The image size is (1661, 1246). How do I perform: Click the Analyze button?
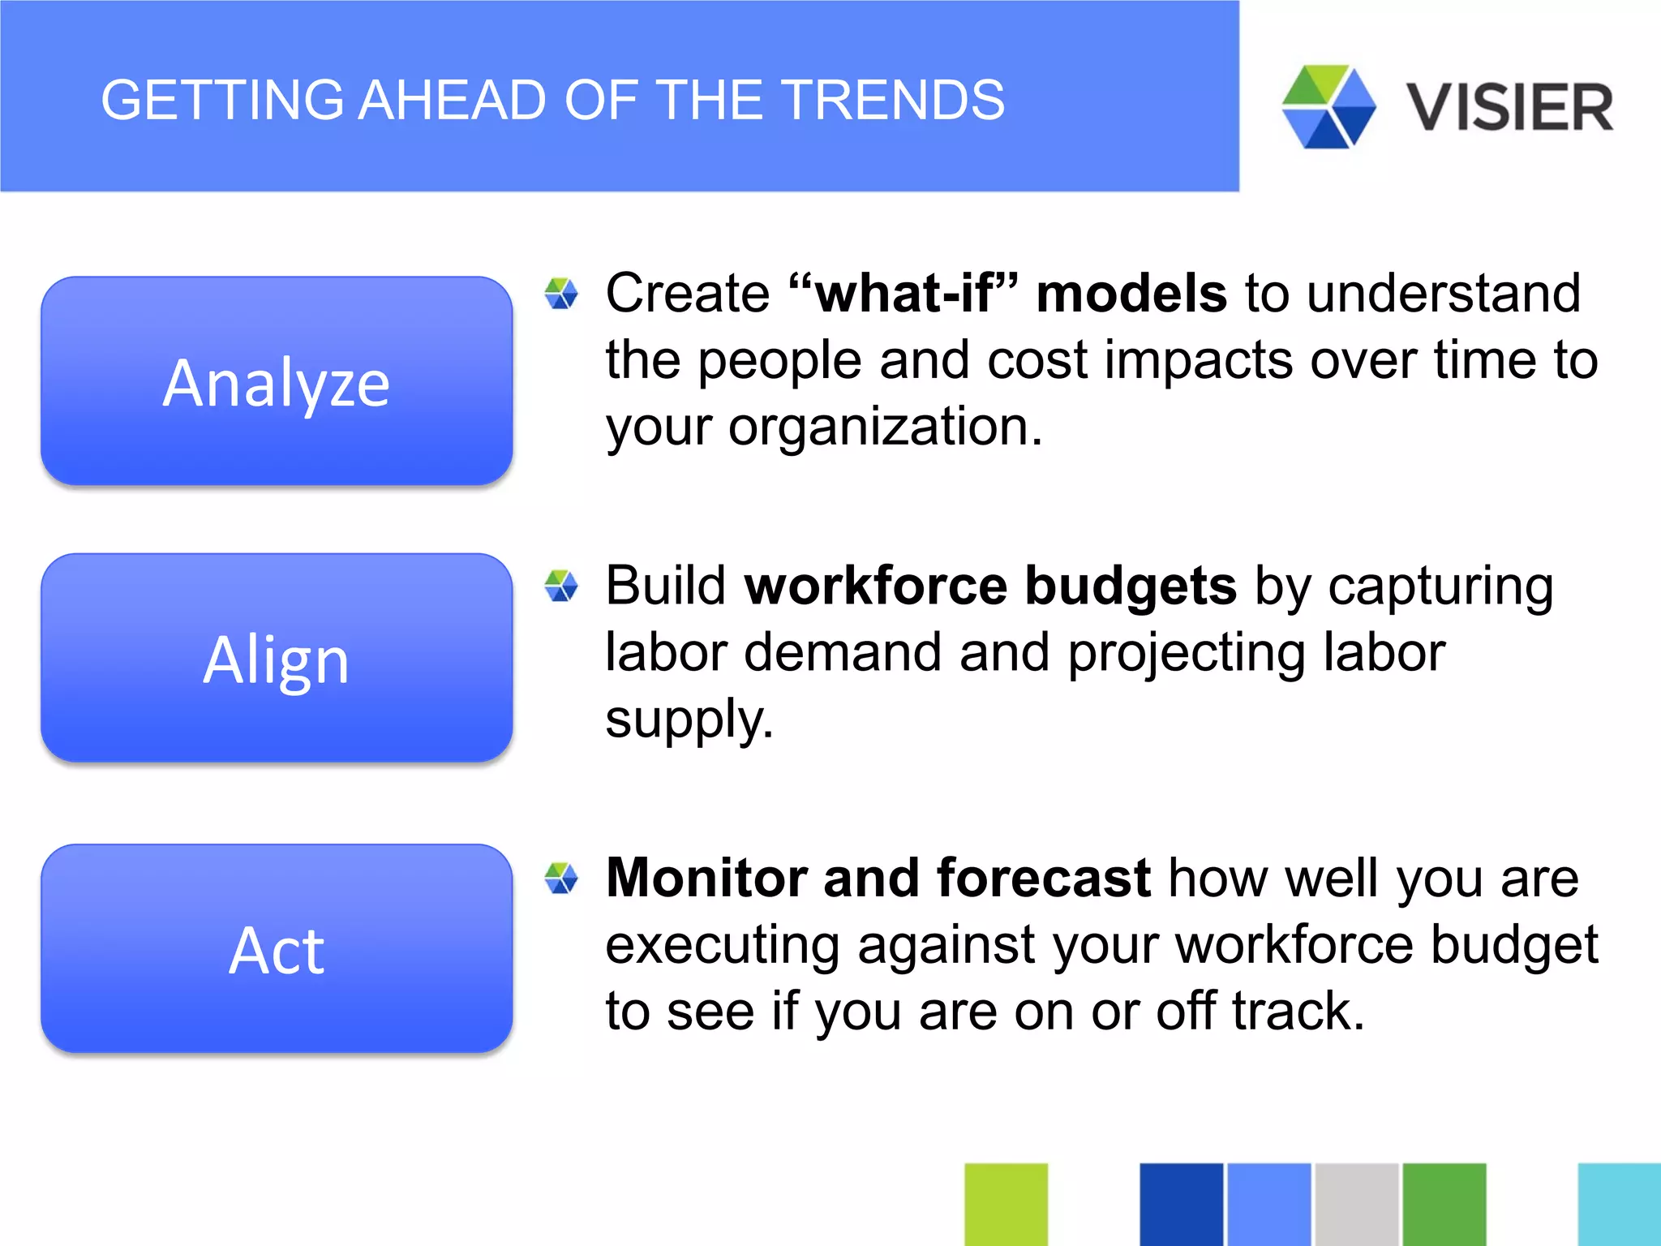(277, 381)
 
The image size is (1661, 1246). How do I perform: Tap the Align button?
(277, 658)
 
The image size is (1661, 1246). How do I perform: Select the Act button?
(277, 949)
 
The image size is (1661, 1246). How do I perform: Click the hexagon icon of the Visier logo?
(1328, 107)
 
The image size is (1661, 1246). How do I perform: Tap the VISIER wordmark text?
(1510, 107)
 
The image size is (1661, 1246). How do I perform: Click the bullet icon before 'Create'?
(561, 294)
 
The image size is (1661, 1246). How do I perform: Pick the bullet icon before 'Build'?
(561, 586)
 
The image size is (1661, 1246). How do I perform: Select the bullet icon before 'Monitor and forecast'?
(561, 878)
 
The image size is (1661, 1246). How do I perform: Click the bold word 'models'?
(1131, 293)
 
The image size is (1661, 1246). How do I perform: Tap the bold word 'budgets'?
(1131, 586)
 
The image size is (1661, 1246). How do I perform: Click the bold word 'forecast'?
(1043, 878)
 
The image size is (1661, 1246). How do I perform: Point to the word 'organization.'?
(884, 427)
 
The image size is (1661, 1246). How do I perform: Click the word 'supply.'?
(689, 719)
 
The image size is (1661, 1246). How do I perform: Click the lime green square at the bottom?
(1006, 1204)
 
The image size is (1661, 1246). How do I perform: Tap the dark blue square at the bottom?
(1181, 1204)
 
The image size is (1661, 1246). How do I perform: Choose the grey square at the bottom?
(1356, 1204)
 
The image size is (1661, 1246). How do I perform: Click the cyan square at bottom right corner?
(1619, 1204)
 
